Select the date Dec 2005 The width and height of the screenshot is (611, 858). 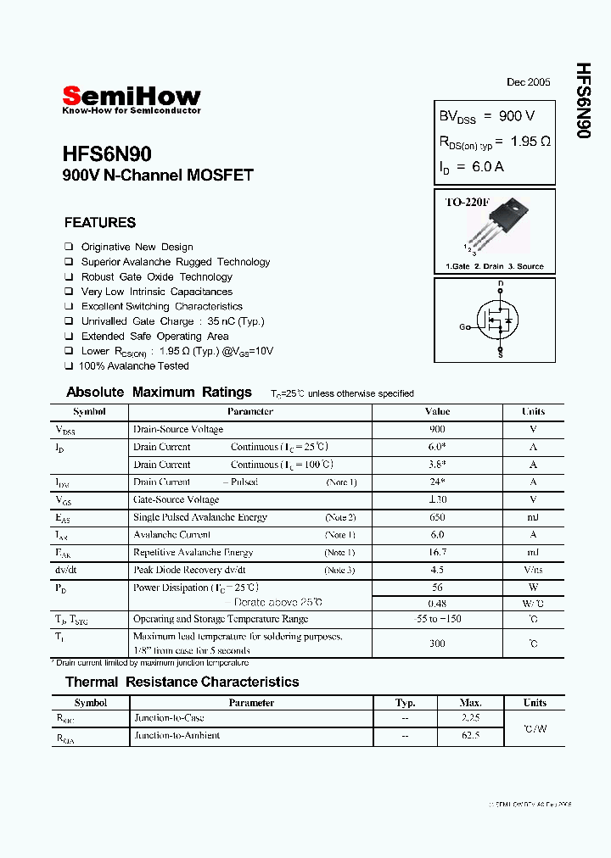528,82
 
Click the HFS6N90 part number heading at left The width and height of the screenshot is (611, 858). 107,154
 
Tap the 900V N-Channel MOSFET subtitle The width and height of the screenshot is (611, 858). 158,176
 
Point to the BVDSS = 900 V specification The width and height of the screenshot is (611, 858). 486,116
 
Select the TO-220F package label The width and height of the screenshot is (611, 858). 468,203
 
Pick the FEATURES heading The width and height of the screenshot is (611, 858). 100,223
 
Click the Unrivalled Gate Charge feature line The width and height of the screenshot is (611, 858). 172,321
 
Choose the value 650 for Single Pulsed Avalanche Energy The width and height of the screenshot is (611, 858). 437,517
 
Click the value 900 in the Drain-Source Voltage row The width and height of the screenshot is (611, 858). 437,430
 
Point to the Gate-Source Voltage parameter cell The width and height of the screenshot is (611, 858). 176,500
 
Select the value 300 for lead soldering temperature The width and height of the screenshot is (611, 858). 437,643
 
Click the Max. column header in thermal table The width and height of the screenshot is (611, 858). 470,703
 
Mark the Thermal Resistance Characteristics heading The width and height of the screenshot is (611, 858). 182,682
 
